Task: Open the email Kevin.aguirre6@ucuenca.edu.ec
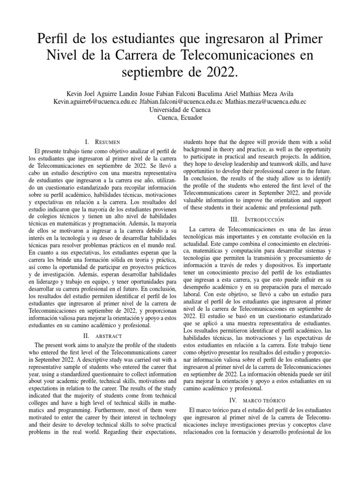point(95,101)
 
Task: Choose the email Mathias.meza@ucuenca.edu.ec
point(266,101)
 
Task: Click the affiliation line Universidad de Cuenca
point(180,110)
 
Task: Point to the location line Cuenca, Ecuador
point(180,118)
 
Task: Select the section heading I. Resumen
point(102,142)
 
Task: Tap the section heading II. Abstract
point(102,336)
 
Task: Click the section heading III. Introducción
point(257,219)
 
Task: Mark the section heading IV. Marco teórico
point(257,401)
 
